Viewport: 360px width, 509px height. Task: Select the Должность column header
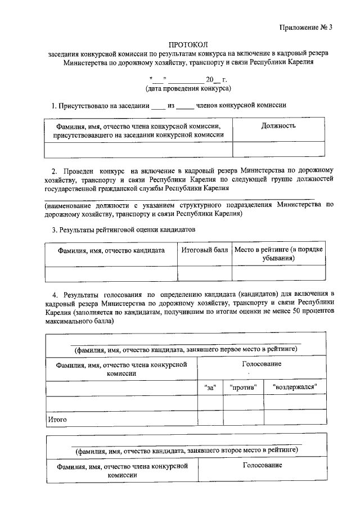pyautogui.click(x=278, y=126)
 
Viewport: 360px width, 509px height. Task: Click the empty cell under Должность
pyautogui.click(x=278, y=149)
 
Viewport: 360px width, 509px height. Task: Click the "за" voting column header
pyautogui.click(x=210, y=388)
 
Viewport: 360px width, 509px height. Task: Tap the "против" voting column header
pyautogui.click(x=243, y=388)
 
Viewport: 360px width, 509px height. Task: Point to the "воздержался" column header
pyautogui.click(x=294, y=388)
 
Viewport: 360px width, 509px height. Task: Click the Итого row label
pyautogui.click(x=57, y=419)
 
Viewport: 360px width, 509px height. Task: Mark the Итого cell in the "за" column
pyautogui.click(x=210, y=419)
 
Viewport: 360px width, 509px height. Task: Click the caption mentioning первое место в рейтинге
pyautogui.click(x=186, y=349)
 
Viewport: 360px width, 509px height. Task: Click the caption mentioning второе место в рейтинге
pyautogui.click(x=186, y=451)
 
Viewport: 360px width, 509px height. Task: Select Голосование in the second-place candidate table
pyautogui.click(x=262, y=466)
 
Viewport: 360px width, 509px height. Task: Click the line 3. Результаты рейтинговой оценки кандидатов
pyautogui.click(x=124, y=229)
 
